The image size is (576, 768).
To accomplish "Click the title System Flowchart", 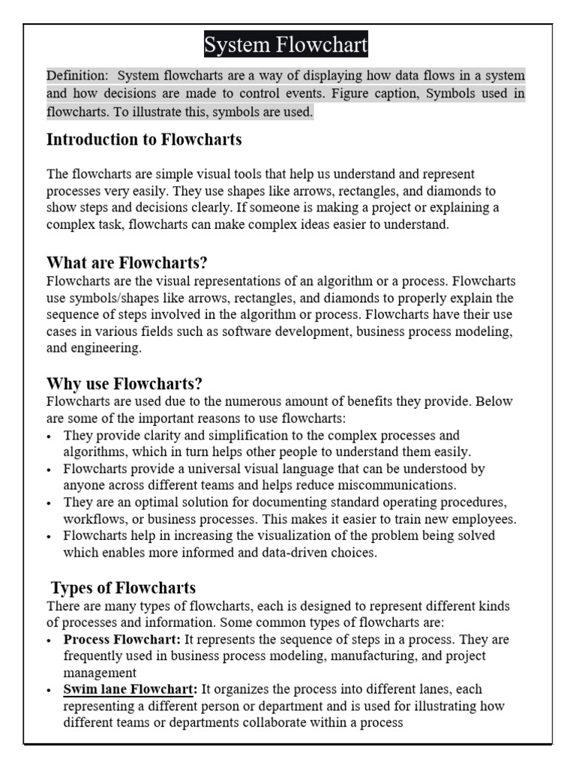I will [286, 46].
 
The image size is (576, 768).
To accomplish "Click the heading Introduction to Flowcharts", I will [144, 139].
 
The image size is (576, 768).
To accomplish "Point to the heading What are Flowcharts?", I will [127, 262].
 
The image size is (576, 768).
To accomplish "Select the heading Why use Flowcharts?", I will [124, 384].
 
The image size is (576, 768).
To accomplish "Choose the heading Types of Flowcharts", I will [123, 587].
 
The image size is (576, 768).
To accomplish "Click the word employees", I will [481, 519].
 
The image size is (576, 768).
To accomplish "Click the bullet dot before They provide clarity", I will [49, 436].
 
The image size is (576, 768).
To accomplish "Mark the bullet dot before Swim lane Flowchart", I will [49, 690].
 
